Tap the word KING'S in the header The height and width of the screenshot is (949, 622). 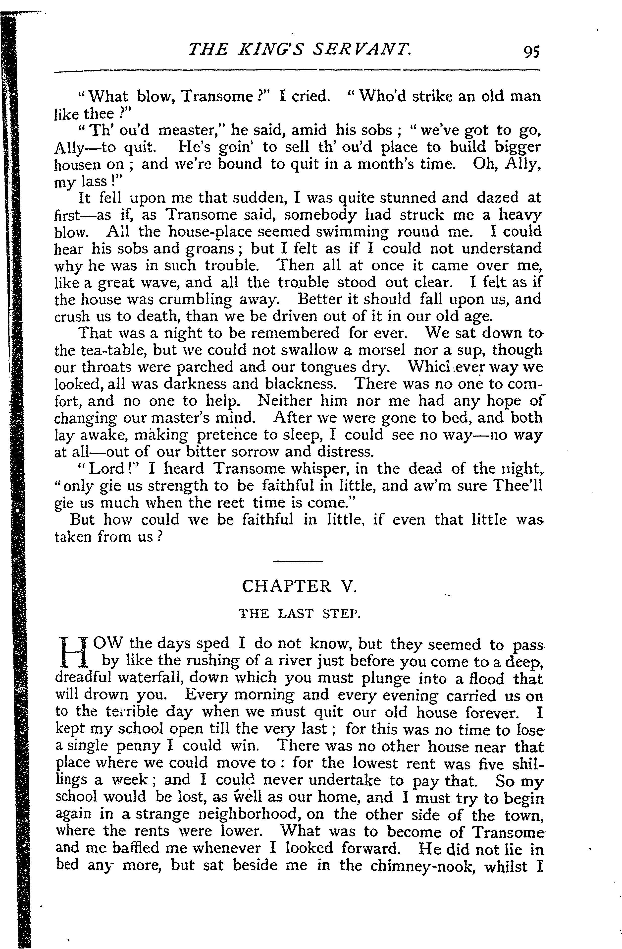click(271, 50)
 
